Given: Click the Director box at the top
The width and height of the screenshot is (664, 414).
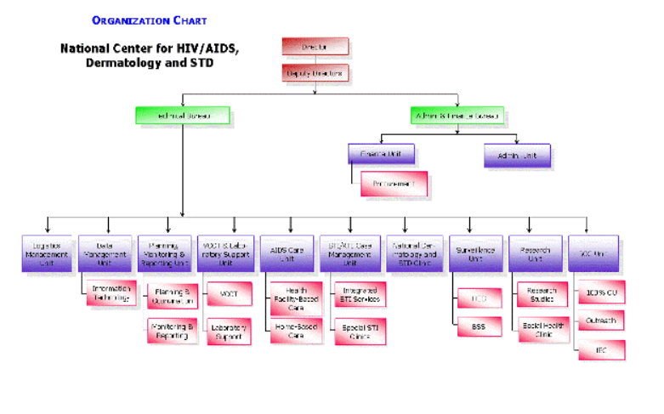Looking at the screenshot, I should (x=314, y=47).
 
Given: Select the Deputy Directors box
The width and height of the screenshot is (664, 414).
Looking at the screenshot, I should (x=314, y=73).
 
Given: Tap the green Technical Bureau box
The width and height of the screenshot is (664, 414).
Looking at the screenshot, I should (x=182, y=115).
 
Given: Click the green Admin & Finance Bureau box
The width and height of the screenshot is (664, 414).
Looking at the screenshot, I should (x=457, y=115).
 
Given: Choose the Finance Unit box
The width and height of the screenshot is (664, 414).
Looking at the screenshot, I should (x=380, y=154).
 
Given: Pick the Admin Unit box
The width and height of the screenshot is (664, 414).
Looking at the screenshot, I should (x=516, y=155).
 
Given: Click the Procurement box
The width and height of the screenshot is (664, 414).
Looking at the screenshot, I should (x=393, y=183).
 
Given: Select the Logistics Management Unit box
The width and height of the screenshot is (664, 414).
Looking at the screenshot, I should (x=47, y=252).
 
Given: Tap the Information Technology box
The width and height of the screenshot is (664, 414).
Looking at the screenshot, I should (x=110, y=293).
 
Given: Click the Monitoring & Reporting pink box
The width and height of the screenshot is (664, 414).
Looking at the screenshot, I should (x=173, y=330).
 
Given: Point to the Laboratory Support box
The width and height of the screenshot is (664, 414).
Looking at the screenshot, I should (x=229, y=332).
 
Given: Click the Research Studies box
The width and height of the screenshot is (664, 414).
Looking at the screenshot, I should (x=542, y=294).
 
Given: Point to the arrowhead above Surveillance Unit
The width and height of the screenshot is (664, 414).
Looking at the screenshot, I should (x=469, y=230).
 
